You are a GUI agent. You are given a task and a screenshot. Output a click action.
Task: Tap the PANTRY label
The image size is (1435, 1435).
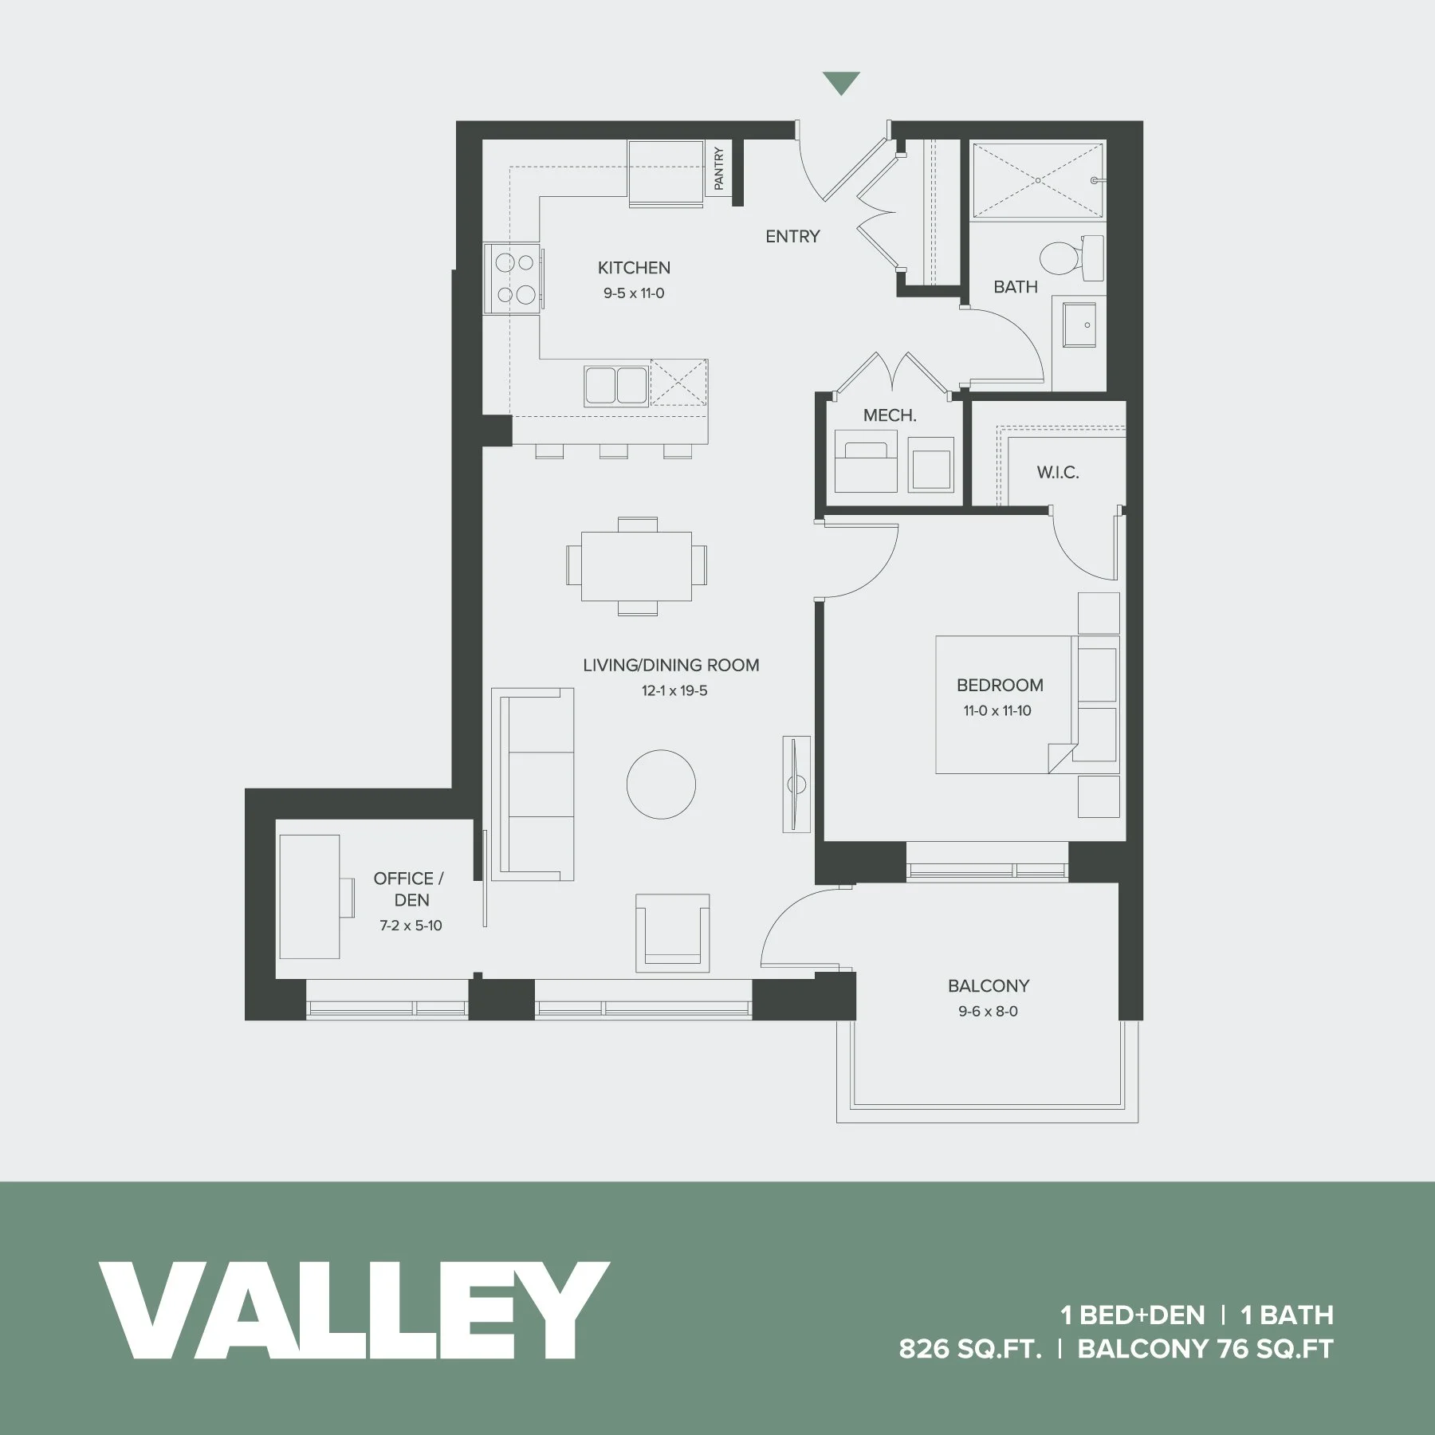tap(718, 168)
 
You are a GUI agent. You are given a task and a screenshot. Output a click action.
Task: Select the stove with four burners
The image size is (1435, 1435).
tap(514, 278)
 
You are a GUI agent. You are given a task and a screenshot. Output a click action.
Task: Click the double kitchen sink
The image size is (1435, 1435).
tap(615, 385)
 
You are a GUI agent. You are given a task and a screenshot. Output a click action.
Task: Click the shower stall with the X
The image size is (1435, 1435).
tap(1037, 180)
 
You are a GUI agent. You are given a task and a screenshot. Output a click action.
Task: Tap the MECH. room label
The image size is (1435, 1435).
tap(890, 415)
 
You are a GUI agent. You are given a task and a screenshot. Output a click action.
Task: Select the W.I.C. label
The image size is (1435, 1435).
tap(1058, 472)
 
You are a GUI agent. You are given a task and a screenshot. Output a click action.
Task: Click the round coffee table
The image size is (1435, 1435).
tap(661, 784)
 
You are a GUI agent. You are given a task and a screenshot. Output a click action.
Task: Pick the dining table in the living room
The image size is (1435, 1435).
tap(636, 566)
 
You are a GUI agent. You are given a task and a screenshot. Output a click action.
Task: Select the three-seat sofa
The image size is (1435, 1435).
tap(533, 784)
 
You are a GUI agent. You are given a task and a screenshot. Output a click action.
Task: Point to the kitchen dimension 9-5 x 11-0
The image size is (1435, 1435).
tap(634, 293)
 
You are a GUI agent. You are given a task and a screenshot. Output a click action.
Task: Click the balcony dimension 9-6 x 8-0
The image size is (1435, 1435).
tap(988, 1011)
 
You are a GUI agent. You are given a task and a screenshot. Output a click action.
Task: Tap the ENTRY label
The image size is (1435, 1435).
tap(792, 236)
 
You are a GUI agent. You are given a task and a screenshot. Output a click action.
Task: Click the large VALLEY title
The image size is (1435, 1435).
tap(354, 1310)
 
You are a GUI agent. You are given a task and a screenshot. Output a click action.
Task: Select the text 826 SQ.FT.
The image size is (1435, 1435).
tap(970, 1349)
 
